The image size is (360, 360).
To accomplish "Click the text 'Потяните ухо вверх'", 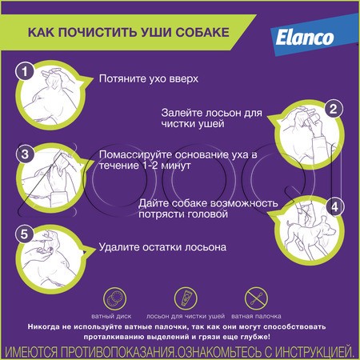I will tap(148, 80).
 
